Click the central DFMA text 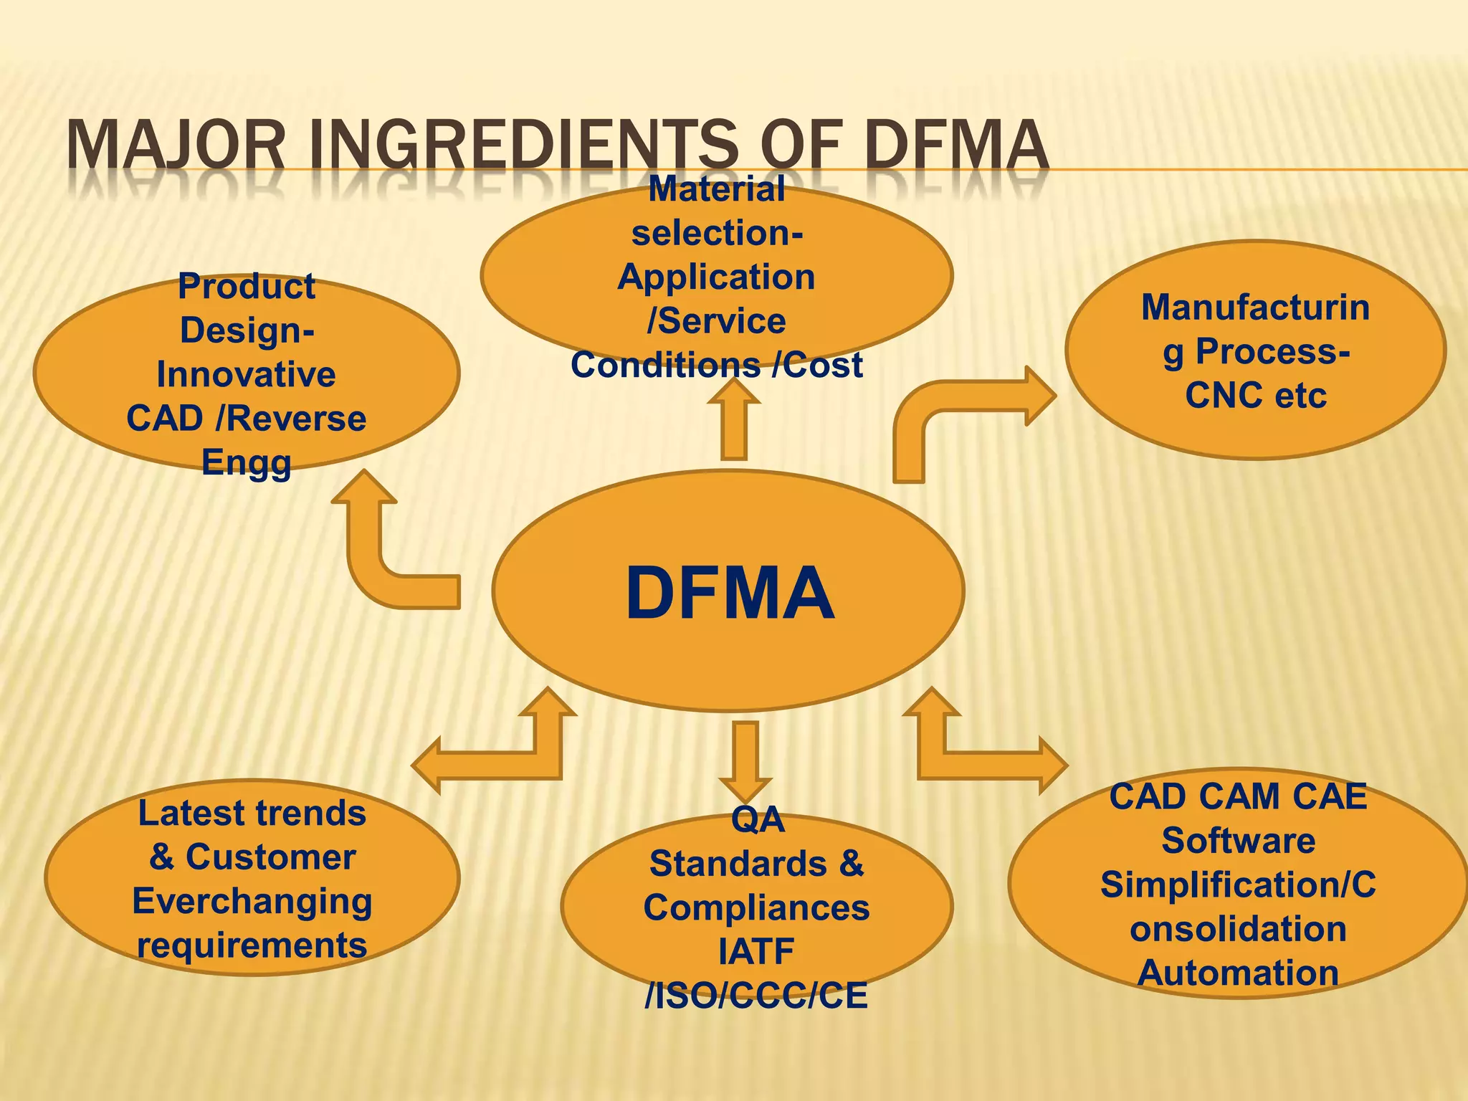point(730,594)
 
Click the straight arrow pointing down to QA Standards point(745,760)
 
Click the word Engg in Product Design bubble point(247,462)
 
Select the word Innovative point(247,375)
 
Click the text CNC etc point(1256,396)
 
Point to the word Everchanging point(252,901)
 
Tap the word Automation point(1238,973)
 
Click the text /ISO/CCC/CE point(756,996)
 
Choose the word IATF point(756,952)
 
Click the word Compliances point(756,908)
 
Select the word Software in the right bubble point(1238,841)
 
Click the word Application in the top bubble point(717,277)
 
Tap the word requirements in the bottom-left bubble point(252,945)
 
